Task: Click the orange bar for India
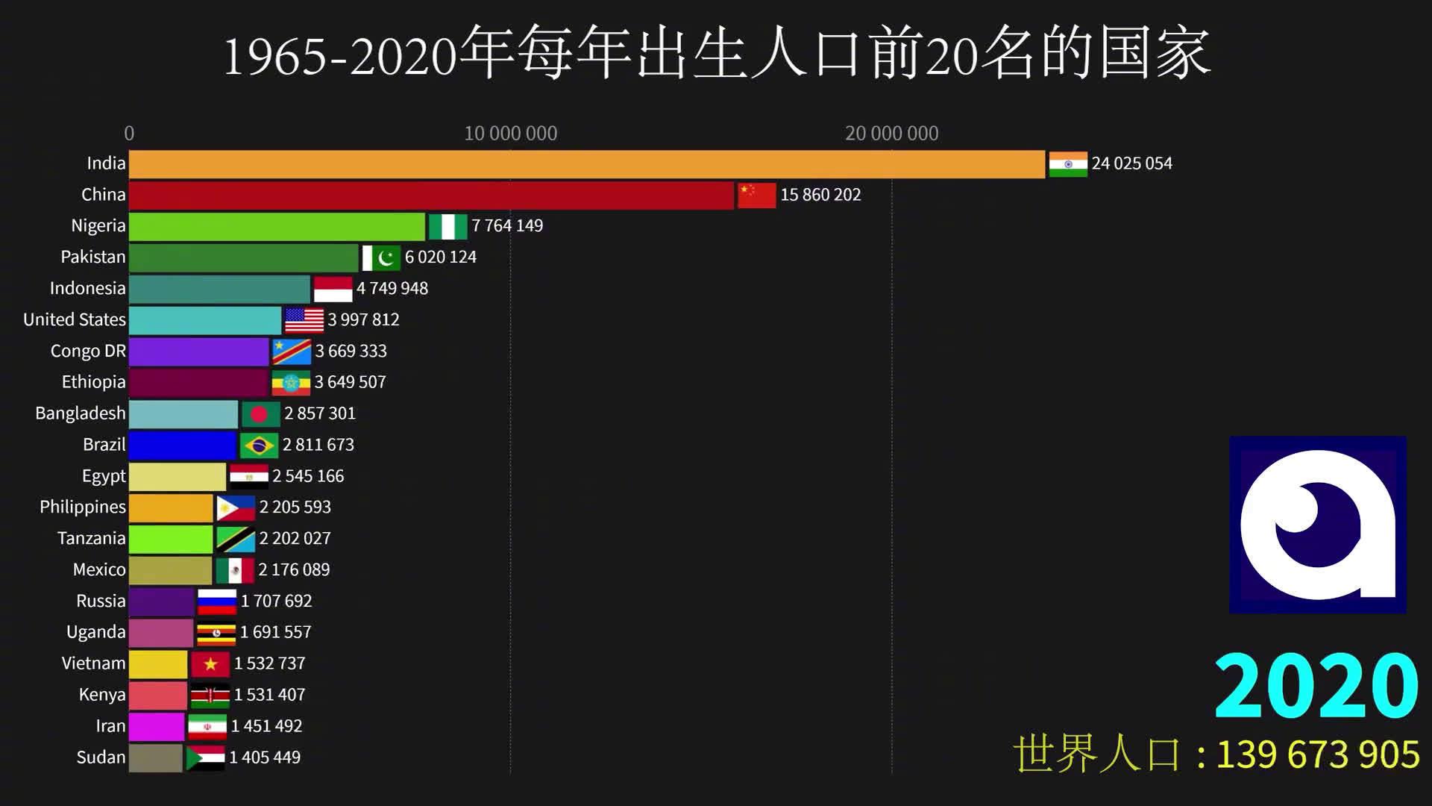(586, 164)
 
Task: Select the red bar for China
(431, 196)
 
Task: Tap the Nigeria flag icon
(447, 226)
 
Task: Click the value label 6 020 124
(440, 257)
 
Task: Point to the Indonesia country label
(87, 289)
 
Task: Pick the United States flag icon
(304, 320)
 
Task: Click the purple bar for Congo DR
(198, 352)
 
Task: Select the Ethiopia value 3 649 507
(350, 382)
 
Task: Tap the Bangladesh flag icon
(260, 414)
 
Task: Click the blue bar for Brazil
(183, 446)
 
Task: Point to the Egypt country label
(104, 476)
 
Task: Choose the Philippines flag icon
(236, 508)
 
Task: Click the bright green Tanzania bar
(171, 539)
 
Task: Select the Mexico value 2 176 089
(294, 570)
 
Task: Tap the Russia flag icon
(217, 602)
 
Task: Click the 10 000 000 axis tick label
(510, 134)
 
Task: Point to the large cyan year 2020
(1316, 685)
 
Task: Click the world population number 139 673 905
(1318, 755)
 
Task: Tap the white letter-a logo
(1318, 525)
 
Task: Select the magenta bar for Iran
(157, 727)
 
